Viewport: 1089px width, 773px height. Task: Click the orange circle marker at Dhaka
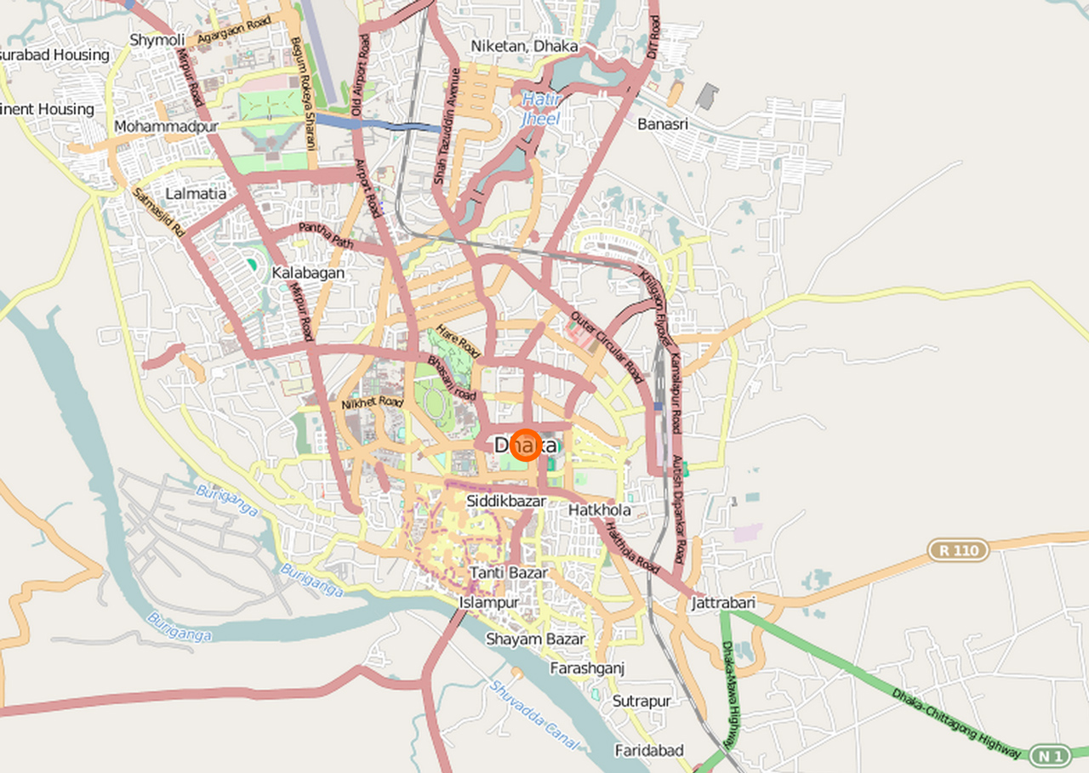(x=527, y=446)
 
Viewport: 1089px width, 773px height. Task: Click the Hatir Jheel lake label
(x=540, y=111)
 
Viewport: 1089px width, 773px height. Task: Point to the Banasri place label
(x=663, y=124)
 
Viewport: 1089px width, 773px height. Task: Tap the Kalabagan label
(x=308, y=273)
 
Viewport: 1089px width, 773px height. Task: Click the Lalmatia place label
(x=196, y=194)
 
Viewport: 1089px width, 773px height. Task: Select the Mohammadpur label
(x=166, y=127)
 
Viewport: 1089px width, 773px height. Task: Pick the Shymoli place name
(x=157, y=40)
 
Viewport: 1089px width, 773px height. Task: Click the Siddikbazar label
(x=506, y=501)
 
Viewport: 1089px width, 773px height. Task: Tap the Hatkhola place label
(x=600, y=510)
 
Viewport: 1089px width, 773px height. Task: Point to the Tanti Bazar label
(x=509, y=573)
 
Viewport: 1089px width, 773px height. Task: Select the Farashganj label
(x=587, y=668)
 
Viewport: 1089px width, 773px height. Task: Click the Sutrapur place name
(x=641, y=702)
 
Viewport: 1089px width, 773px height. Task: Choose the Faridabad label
(x=649, y=750)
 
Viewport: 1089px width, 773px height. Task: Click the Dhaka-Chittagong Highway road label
(x=956, y=724)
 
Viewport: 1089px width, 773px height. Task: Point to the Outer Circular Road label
(x=607, y=347)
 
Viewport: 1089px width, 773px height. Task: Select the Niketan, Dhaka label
(x=524, y=46)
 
